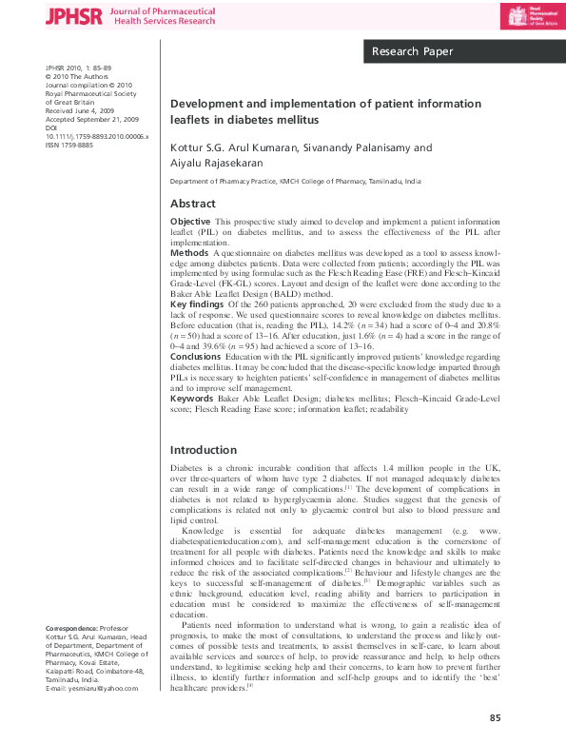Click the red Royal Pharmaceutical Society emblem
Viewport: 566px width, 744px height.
517,16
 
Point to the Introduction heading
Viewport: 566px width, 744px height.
203,449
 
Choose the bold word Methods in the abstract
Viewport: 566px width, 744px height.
189,254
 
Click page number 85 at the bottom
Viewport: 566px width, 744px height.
495,717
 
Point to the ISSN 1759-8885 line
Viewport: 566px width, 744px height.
68,146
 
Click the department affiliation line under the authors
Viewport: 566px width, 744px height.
295,180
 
